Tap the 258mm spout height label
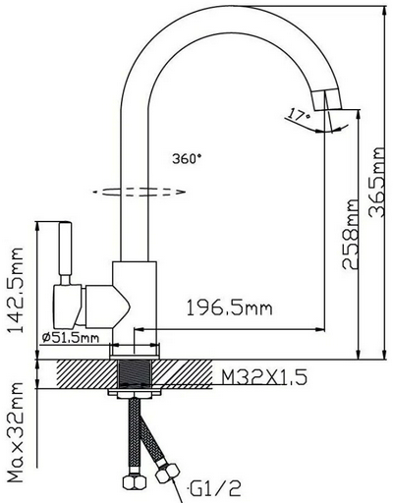tap(350, 234)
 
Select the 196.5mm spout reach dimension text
tap(229, 308)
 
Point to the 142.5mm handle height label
tap(16, 289)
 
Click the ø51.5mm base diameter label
tap(71, 337)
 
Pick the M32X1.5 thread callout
tap(264, 377)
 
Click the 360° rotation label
tap(187, 158)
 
